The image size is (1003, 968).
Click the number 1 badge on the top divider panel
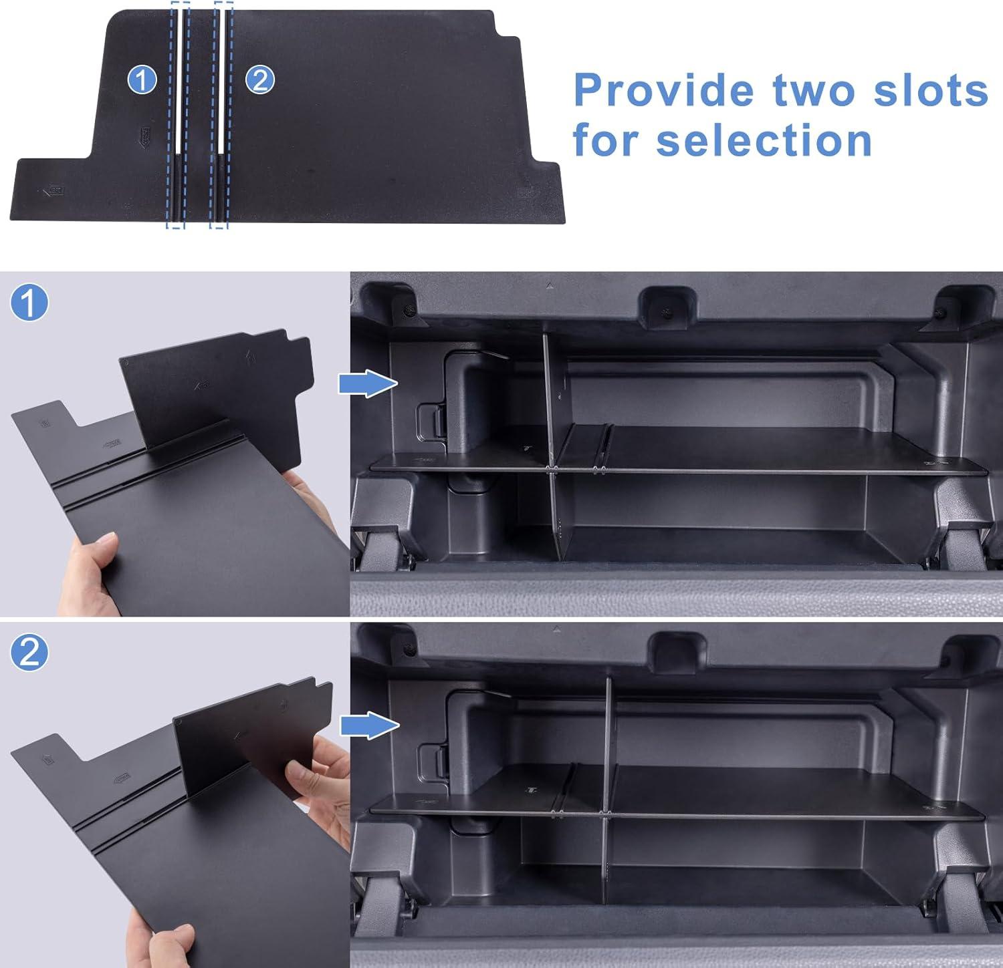click(x=142, y=80)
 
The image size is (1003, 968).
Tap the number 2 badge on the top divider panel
click(x=260, y=80)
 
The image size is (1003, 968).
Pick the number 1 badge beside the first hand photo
click(x=29, y=303)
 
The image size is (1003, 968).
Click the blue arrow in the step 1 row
click(x=368, y=384)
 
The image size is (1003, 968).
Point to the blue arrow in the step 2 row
click(x=370, y=725)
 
